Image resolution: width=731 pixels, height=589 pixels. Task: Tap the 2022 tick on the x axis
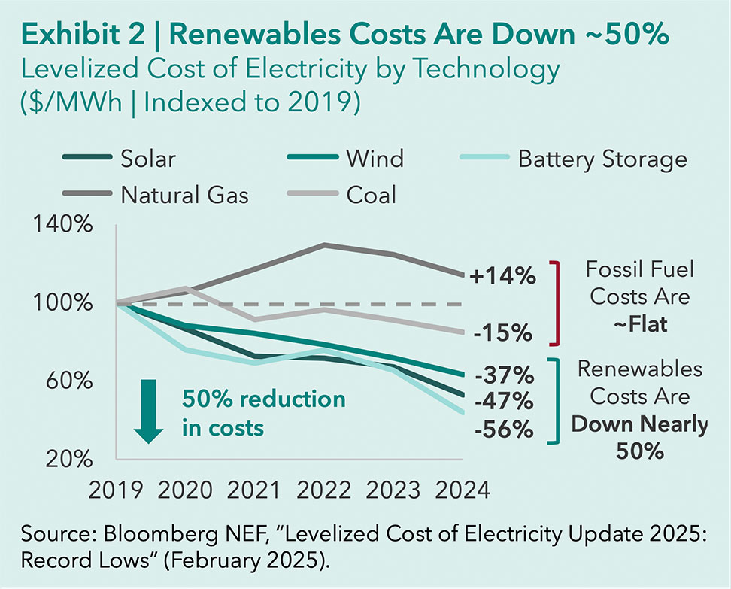[x=323, y=490]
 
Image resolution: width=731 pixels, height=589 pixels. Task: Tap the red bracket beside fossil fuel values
[x=557, y=302]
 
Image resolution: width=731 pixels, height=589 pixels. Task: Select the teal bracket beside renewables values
[x=557, y=401]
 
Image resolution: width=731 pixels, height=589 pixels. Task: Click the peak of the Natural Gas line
[x=323, y=244]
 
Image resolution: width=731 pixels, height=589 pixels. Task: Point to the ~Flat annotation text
[x=638, y=326]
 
